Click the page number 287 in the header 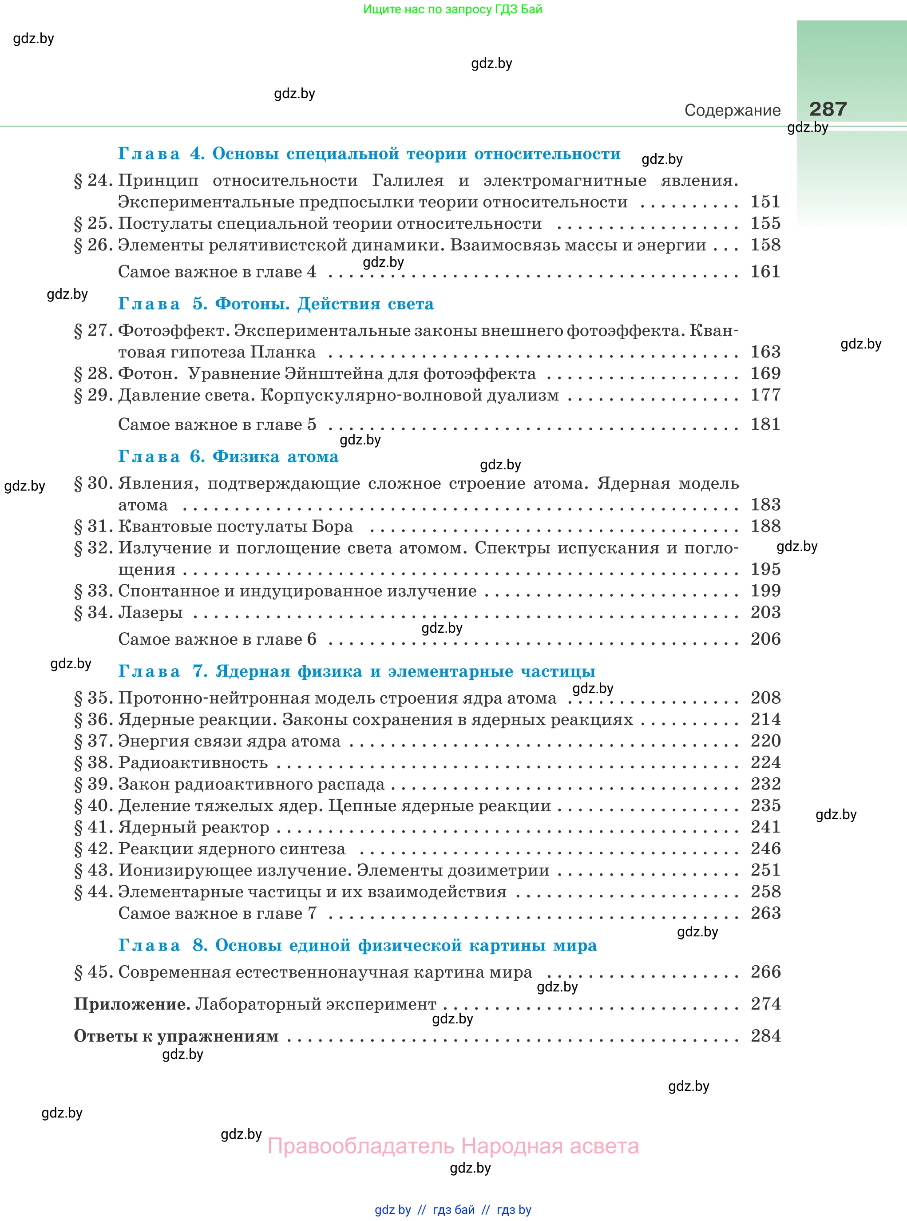[x=828, y=109]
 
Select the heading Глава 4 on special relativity [x=369, y=154]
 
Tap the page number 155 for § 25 [x=765, y=223]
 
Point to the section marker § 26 [x=93, y=245]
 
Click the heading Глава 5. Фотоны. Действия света [x=276, y=304]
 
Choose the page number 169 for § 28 [x=765, y=373]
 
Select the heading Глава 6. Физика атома [x=228, y=456]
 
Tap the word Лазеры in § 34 [x=151, y=612]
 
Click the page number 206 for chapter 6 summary [x=765, y=638]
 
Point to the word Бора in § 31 [x=332, y=527]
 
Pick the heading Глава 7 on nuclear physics [x=357, y=671]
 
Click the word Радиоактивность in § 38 [x=193, y=763]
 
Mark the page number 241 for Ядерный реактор [x=765, y=827]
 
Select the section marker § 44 [x=93, y=892]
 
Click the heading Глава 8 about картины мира [x=357, y=945]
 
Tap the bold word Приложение [x=132, y=1004]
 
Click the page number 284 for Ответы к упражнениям [x=765, y=1036]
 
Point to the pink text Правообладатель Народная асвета [x=453, y=1146]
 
